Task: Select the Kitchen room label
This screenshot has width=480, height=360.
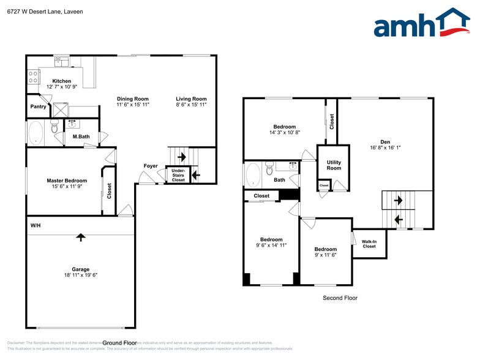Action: point(61,81)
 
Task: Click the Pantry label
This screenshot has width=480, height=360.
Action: point(38,107)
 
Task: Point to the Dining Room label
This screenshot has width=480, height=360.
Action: point(133,99)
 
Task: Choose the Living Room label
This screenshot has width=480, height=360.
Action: point(191,99)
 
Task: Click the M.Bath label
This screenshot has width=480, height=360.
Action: point(81,137)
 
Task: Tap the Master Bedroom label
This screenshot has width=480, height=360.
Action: point(67,181)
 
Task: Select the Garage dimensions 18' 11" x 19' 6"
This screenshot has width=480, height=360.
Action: point(80,276)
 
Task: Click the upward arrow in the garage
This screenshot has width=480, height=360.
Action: point(80,237)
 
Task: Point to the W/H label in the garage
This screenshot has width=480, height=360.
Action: point(36,226)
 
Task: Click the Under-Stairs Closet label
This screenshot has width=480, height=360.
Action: point(178,175)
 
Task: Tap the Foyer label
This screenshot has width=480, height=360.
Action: point(151,166)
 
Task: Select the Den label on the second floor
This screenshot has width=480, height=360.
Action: point(384,141)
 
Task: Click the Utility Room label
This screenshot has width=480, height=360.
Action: point(334,165)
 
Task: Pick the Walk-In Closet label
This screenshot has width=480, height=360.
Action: point(369,244)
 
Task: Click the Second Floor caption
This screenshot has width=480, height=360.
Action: point(340,298)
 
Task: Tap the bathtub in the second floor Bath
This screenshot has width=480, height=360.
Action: point(253,175)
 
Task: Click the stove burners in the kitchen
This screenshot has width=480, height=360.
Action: point(33,77)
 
